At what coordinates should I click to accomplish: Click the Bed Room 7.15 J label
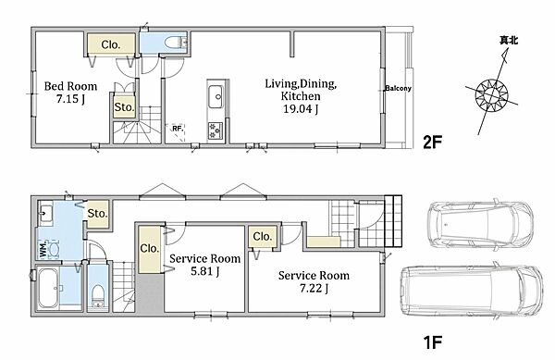(x=70, y=93)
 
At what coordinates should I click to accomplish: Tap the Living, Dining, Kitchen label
(x=301, y=90)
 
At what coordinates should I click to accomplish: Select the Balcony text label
(x=398, y=88)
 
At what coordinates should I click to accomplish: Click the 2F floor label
(x=433, y=142)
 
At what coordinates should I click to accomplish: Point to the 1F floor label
(x=433, y=341)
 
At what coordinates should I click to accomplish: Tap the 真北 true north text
(x=509, y=41)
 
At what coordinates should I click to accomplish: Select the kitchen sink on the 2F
(x=216, y=96)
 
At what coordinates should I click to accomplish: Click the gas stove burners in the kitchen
(x=216, y=130)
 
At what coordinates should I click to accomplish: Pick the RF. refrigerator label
(x=178, y=129)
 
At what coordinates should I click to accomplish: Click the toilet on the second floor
(x=176, y=43)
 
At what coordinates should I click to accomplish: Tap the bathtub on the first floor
(x=48, y=289)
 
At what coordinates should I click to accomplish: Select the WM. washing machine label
(x=43, y=247)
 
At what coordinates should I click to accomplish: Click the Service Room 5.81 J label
(x=205, y=265)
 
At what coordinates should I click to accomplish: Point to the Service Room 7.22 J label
(x=314, y=281)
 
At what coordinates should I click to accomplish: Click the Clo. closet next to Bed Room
(x=111, y=44)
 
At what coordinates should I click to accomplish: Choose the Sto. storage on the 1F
(x=97, y=214)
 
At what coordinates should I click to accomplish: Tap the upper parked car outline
(x=479, y=225)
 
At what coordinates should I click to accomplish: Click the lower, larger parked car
(x=472, y=291)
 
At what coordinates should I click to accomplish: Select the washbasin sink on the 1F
(x=45, y=212)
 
